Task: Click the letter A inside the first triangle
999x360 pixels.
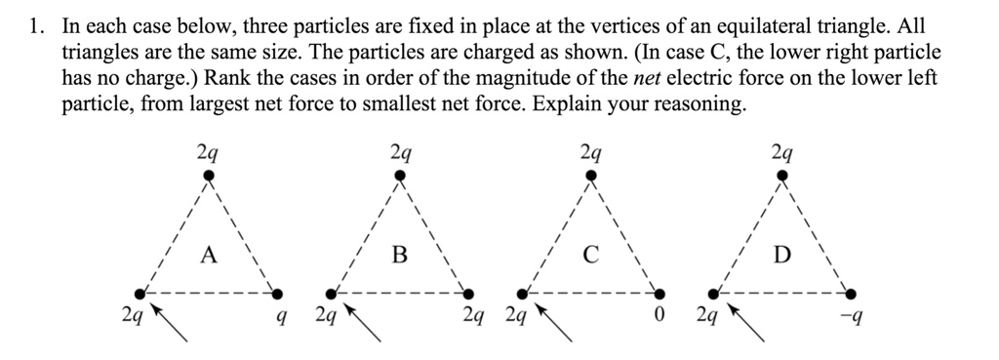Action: [207, 256]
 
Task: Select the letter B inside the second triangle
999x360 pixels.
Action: [398, 256]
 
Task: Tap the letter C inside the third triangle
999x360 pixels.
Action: [589, 256]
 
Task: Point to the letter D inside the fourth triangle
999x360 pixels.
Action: [780, 256]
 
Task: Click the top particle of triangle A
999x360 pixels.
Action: [208, 177]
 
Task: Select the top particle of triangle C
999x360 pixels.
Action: [589, 177]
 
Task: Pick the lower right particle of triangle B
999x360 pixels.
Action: [469, 293]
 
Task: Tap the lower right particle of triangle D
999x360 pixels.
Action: [852, 293]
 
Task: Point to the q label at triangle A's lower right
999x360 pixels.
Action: [281, 317]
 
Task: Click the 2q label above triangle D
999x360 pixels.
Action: [780, 152]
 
